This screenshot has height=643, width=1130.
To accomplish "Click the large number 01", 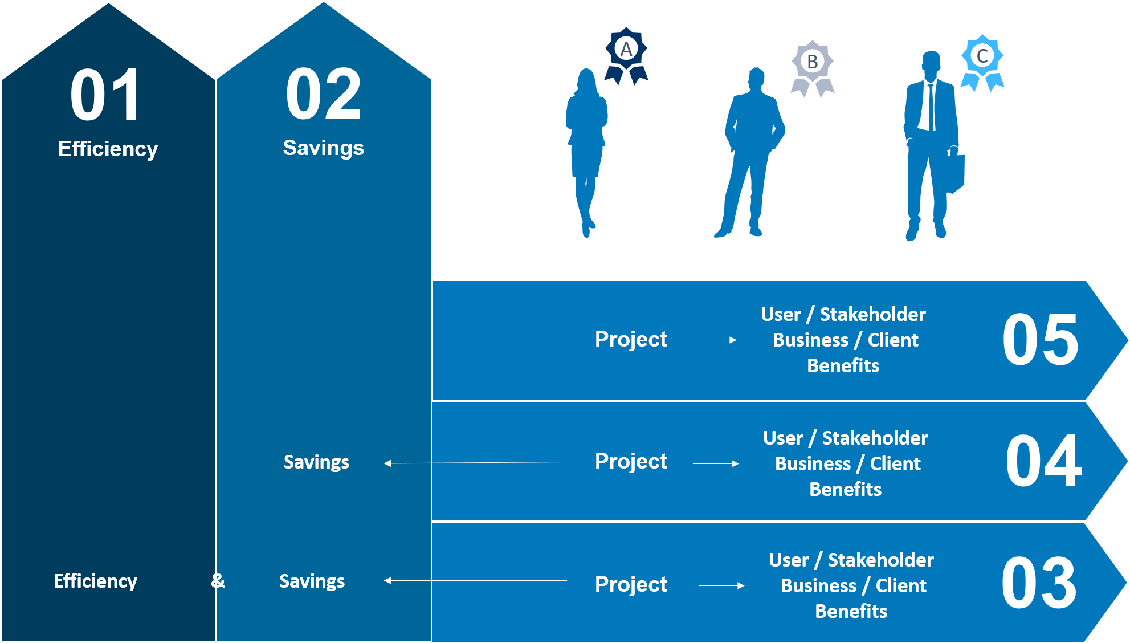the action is click(x=105, y=95).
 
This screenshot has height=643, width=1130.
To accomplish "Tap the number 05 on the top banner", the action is click(x=1041, y=340).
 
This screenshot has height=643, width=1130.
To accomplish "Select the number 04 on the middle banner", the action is click(x=1043, y=461).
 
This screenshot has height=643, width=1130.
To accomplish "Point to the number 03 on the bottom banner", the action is click(x=1039, y=583).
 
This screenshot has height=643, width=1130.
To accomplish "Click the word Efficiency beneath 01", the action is click(x=108, y=149).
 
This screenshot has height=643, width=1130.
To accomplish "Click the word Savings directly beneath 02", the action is click(x=323, y=148).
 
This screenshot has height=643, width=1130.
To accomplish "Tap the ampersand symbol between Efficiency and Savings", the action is click(x=218, y=581).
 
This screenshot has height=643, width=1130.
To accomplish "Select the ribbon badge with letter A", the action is click(x=626, y=56).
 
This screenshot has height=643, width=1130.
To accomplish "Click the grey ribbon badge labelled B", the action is click(x=813, y=68).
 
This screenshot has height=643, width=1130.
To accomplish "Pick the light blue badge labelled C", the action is click(x=982, y=63).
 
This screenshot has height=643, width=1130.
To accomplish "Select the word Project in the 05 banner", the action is click(x=631, y=340).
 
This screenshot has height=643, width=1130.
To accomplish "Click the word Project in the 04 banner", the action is click(x=631, y=462).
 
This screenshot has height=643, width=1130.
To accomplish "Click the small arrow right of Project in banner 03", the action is click(x=721, y=585).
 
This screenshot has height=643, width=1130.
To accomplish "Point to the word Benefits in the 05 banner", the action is click(x=843, y=365).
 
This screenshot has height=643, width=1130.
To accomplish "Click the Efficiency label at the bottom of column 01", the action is click(x=95, y=581).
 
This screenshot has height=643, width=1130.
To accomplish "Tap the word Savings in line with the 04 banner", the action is click(x=316, y=462).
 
